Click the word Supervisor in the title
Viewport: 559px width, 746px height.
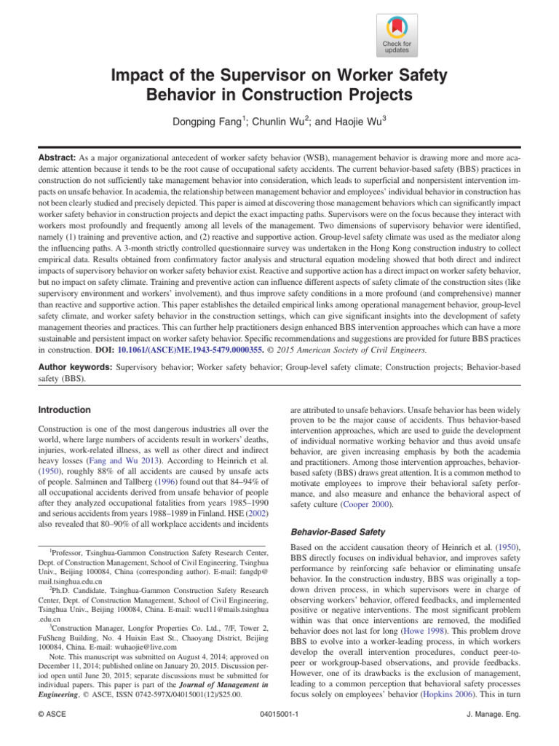tap(244, 76)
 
